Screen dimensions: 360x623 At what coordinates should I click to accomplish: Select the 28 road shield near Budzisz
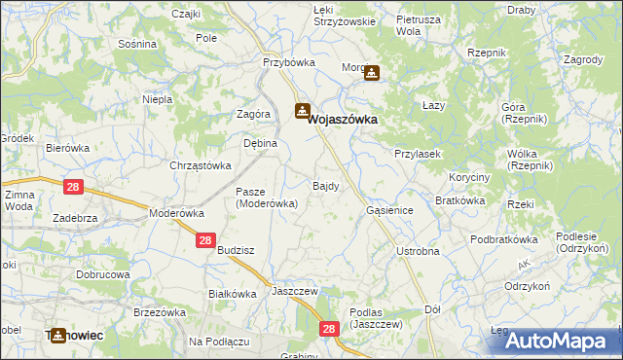pyautogui.click(x=205, y=239)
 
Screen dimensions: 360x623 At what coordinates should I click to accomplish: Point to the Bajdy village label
pyautogui.click(x=326, y=184)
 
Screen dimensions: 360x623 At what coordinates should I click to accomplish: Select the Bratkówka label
pyautogui.click(x=460, y=200)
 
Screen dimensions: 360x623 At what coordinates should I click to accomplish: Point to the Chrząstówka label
pyautogui.click(x=200, y=165)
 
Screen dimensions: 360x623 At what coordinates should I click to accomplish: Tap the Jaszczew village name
pyautogui.click(x=297, y=290)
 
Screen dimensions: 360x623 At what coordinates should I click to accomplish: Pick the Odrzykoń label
pyautogui.click(x=530, y=287)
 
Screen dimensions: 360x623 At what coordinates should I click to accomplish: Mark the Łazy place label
pyautogui.click(x=433, y=104)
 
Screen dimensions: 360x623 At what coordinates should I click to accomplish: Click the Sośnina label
pyautogui.click(x=136, y=44)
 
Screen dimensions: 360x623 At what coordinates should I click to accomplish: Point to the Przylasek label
pyautogui.click(x=419, y=154)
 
